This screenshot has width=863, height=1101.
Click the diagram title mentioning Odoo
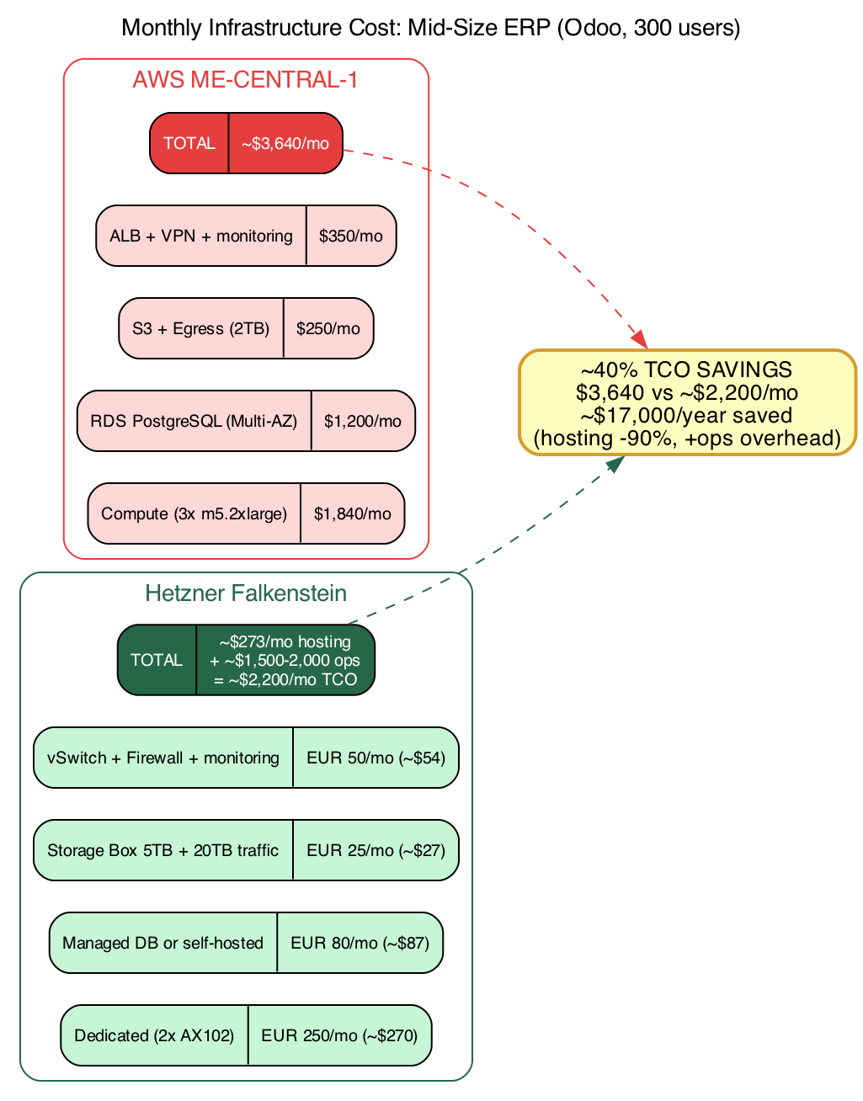point(431,29)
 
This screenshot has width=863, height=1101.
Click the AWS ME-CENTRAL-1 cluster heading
point(245,80)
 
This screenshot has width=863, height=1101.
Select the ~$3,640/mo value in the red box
point(285,144)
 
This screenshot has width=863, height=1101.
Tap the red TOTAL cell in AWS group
point(189,144)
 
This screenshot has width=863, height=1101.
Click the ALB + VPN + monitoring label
point(201,237)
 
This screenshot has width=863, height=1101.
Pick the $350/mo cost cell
point(350,237)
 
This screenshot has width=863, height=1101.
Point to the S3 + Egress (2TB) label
point(201,329)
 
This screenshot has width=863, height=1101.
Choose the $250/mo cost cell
point(328,329)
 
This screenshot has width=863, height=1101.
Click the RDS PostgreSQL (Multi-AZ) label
point(194,422)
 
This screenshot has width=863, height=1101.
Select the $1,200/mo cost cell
point(363,422)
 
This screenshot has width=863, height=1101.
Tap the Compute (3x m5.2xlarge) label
point(194,514)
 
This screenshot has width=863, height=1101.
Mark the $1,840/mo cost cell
point(352,514)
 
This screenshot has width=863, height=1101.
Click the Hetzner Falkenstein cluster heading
point(246,593)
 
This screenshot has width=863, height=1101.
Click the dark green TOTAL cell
point(157,661)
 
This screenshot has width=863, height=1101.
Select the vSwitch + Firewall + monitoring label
point(163,758)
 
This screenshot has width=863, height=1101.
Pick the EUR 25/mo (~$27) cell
point(376,851)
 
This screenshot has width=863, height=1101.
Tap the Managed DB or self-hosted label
point(163,944)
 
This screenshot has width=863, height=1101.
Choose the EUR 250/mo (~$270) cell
point(339,1036)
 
